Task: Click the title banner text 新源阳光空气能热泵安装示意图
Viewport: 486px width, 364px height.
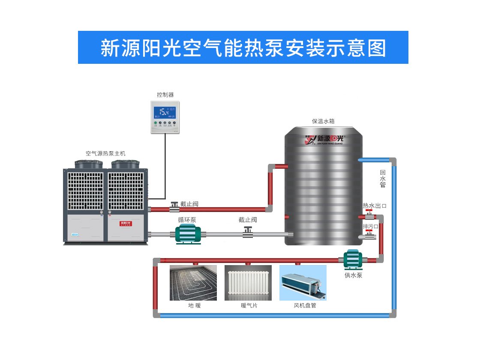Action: point(243,48)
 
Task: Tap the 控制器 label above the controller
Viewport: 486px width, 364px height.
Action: point(165,95)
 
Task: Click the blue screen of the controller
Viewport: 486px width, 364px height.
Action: point(165,112)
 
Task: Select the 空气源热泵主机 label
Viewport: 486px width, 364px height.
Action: point(105,153)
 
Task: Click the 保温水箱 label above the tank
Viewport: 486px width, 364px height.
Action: point(323,122)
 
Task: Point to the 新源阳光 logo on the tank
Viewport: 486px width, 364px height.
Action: point(324,139)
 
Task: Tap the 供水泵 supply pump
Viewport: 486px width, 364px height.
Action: point(353,259)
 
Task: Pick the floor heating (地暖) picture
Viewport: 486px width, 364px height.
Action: point(193,283)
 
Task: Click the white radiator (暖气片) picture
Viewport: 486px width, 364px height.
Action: point(248,283)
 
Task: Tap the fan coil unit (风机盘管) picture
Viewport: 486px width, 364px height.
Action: point(303,283)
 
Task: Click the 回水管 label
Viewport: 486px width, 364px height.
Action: point(383,179)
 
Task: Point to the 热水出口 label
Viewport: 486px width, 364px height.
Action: point(375,206)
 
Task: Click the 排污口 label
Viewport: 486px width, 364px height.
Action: point(371,227)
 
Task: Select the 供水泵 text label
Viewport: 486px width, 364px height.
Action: point(354,275)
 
